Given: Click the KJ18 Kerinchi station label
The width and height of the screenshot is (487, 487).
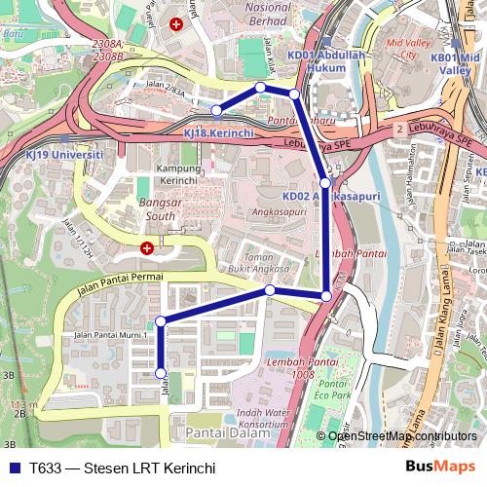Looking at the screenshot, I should (x=219, y=131).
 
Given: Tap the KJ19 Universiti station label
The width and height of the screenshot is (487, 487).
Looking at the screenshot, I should (x=64, y=155).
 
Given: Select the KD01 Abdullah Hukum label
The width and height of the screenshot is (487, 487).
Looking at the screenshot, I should (x=324, y=62).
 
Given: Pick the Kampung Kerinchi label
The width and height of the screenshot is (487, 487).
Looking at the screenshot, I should (x=177, y=174).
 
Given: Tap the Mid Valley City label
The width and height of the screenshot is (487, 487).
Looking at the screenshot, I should (x=409, y=50).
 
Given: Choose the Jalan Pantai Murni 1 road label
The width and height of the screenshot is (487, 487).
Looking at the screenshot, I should (x=108, y=335).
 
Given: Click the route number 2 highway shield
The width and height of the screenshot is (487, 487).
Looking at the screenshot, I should (x=399, y=129).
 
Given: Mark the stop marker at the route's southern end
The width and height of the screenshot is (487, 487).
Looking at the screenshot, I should (x=162, y=373).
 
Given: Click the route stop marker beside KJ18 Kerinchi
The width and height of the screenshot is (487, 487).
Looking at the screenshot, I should (x=216, y=110).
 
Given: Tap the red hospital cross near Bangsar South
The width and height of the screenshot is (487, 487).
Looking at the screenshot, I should (x=147, y=248).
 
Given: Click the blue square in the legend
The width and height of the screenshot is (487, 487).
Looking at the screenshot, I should (x=13, y=468).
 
